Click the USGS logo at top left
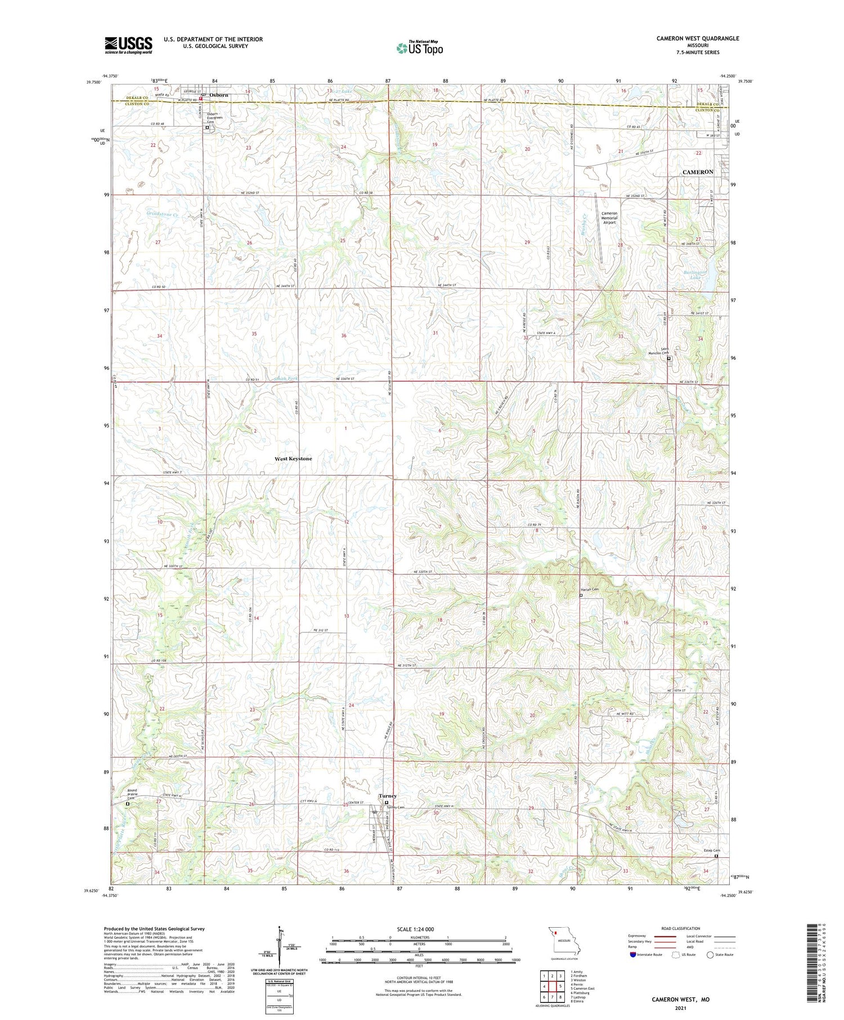click(128, 45)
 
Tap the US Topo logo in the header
click(419, 48)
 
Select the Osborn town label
click(219, 95)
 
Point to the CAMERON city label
click(697, 172)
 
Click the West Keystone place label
click(293, 459)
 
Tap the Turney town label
click(387, 796)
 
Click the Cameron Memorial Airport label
click(609, 218)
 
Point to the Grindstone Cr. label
click(163, 214)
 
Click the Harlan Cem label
click(589, 590)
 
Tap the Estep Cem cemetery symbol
click(716, 856)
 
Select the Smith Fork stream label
click(286, 379)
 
